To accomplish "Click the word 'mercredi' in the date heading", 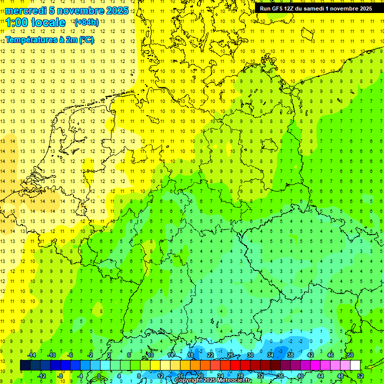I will tap(24, 10).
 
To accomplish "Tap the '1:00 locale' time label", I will tap(35, 22).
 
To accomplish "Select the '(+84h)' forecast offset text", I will tap(87, 22).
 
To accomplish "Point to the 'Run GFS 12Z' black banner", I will tap(315, 8).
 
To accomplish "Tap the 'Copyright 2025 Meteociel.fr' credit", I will tap(213, 380).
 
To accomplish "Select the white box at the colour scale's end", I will tap(355, 365).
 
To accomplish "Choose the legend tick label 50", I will tap(350, 354).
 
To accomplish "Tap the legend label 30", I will tap(250, 354).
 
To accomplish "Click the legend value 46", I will tap(330, 354).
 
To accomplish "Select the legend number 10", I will tap(150, 354).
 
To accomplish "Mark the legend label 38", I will tap(290, 354).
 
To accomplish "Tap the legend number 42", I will tap(310, 354).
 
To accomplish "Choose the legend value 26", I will tap(230, 354).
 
